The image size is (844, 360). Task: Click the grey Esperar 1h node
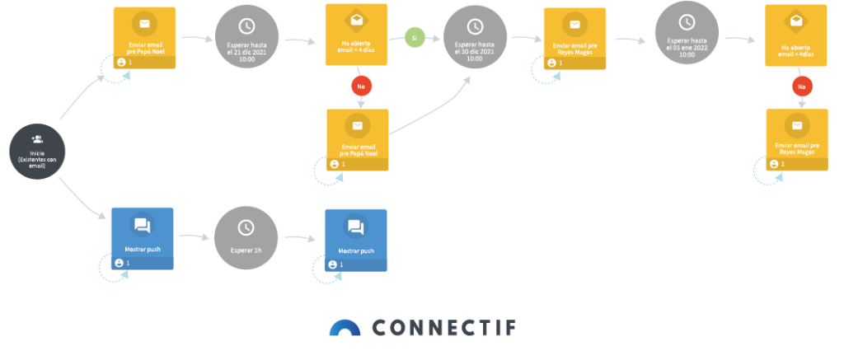(246, 237)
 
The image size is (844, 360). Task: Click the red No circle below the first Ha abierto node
(361, 86)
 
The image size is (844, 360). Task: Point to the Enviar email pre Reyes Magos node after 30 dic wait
(574, 38)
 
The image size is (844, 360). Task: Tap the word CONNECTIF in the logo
(444, 328)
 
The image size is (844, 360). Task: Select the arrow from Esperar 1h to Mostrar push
(298, 239)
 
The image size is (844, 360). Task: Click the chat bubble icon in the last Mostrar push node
(355, 227)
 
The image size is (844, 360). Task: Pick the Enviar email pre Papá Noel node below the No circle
(357, 139)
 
